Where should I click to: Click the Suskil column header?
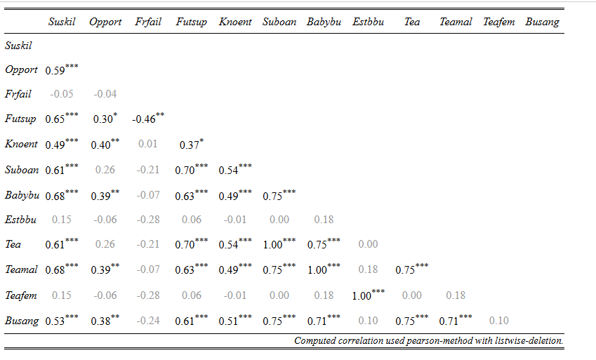tap(62, 22)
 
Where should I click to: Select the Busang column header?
tap(542, 22)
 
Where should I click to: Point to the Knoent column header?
tap(235, 22)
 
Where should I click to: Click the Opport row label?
tap(21, 70)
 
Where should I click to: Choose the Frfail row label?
tap(18, 94)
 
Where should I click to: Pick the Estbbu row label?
tap(20, 220)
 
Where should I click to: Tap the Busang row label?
tap(22, 321)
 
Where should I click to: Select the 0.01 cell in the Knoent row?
tap(148, 144)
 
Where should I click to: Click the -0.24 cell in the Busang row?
tap(148, 321)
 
